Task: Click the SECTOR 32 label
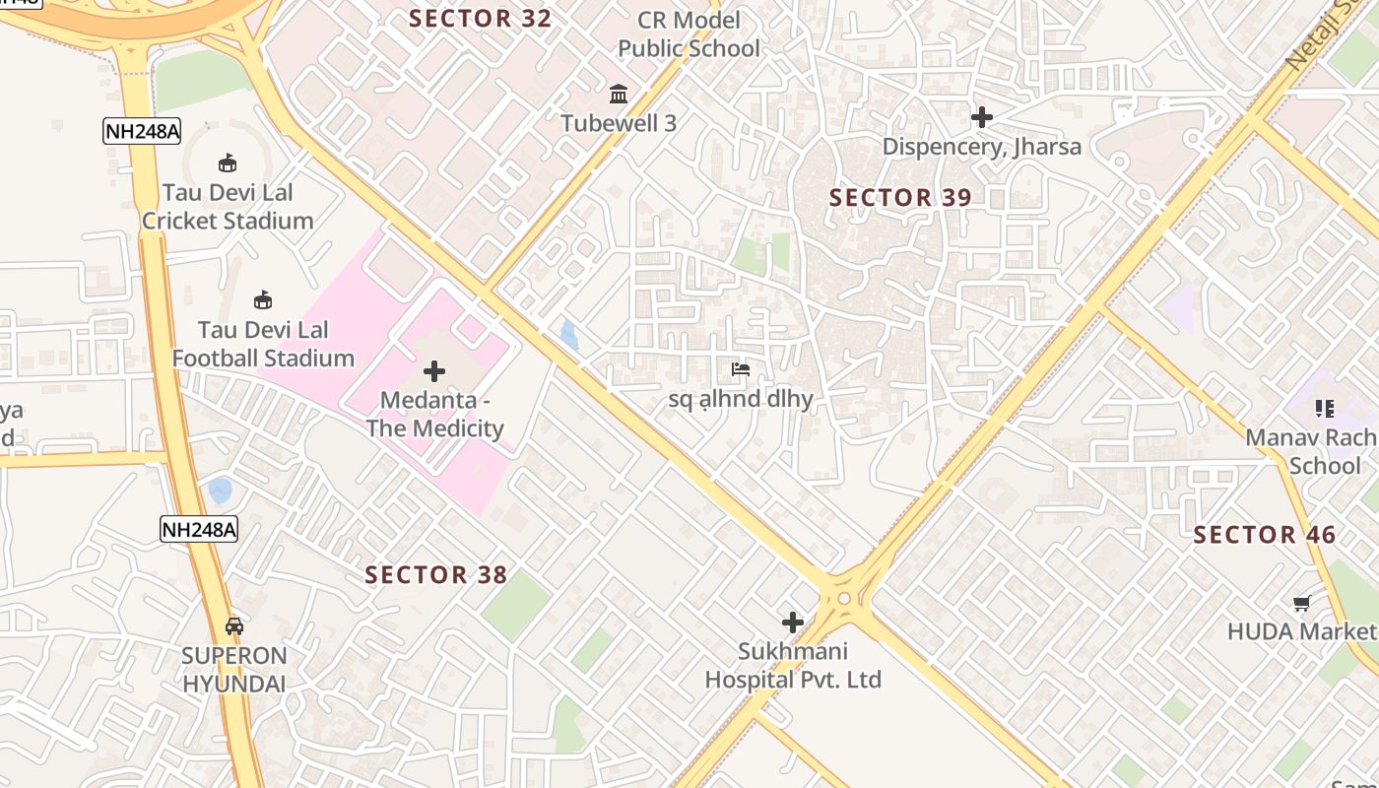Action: coord(480,19)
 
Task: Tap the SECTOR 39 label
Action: coord(900,197)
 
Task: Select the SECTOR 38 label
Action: coord(435,574)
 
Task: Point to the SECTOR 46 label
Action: coord(1264,535)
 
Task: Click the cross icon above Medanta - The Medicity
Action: coord(433,371)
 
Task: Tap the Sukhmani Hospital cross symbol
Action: coord(792,623)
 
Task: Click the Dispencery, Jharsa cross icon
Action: coord(981,117)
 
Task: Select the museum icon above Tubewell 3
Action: coord(619,95)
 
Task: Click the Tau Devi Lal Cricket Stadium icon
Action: coord(228,163)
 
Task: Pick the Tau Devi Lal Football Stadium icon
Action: coord(262,299)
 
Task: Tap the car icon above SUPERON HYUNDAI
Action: coord(234,625)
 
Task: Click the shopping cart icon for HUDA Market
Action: coord(1301,603)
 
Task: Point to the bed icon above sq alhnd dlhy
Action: coord(741,369)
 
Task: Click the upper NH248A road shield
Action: coord(142,131)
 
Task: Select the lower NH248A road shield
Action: coord(199,529)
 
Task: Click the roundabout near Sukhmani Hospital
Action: coord(844,598)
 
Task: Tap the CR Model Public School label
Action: coord(689,34)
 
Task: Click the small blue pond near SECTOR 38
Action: coord(221,490)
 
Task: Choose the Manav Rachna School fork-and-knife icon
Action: coord(1324,408)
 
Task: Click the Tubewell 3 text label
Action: coord(619,123)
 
